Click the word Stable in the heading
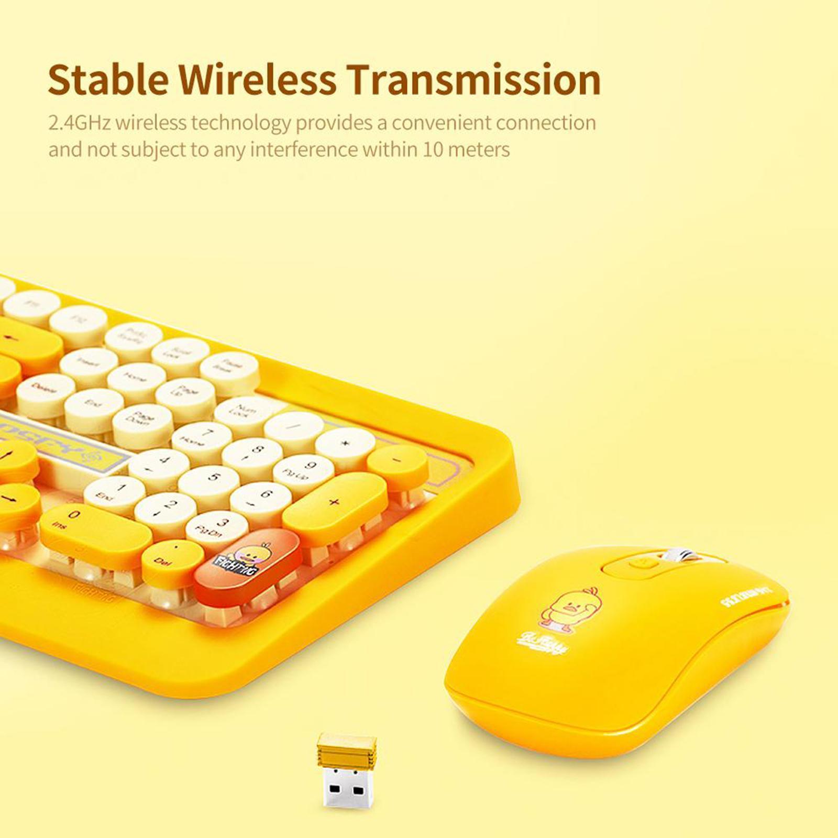(x=108, y=80)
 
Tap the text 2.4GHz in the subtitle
(x=79, y=123)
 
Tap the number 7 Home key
(x=202, y=438)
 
